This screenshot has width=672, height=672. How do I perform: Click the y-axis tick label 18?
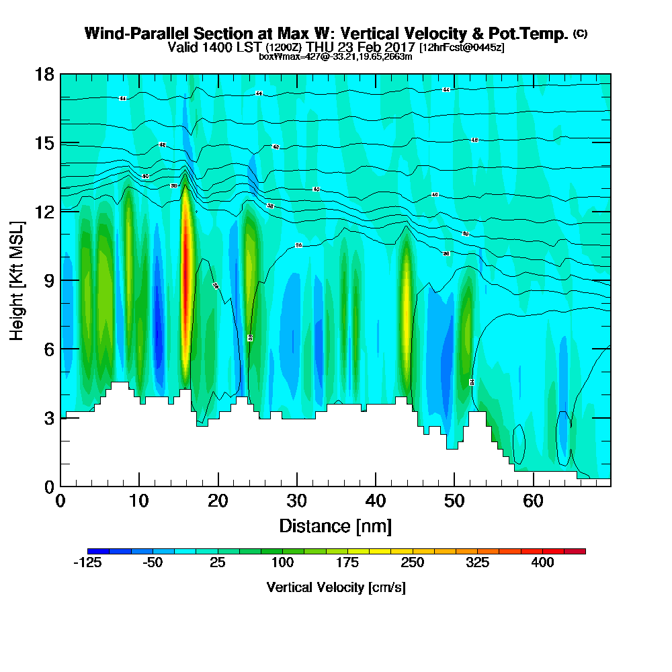(45, 74)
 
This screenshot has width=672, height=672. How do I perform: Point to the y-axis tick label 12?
(45, 211)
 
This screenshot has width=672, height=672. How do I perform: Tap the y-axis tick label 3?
(49, 417)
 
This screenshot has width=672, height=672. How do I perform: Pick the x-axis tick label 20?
(218, 501)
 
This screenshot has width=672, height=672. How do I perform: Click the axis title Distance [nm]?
(335, 525)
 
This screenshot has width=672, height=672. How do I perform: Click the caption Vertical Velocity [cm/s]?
(335, 587)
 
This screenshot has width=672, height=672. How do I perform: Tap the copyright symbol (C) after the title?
(581, 34)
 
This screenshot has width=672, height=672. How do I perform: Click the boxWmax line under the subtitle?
(335, 57)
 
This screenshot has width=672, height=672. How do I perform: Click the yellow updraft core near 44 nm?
(405, 296)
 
